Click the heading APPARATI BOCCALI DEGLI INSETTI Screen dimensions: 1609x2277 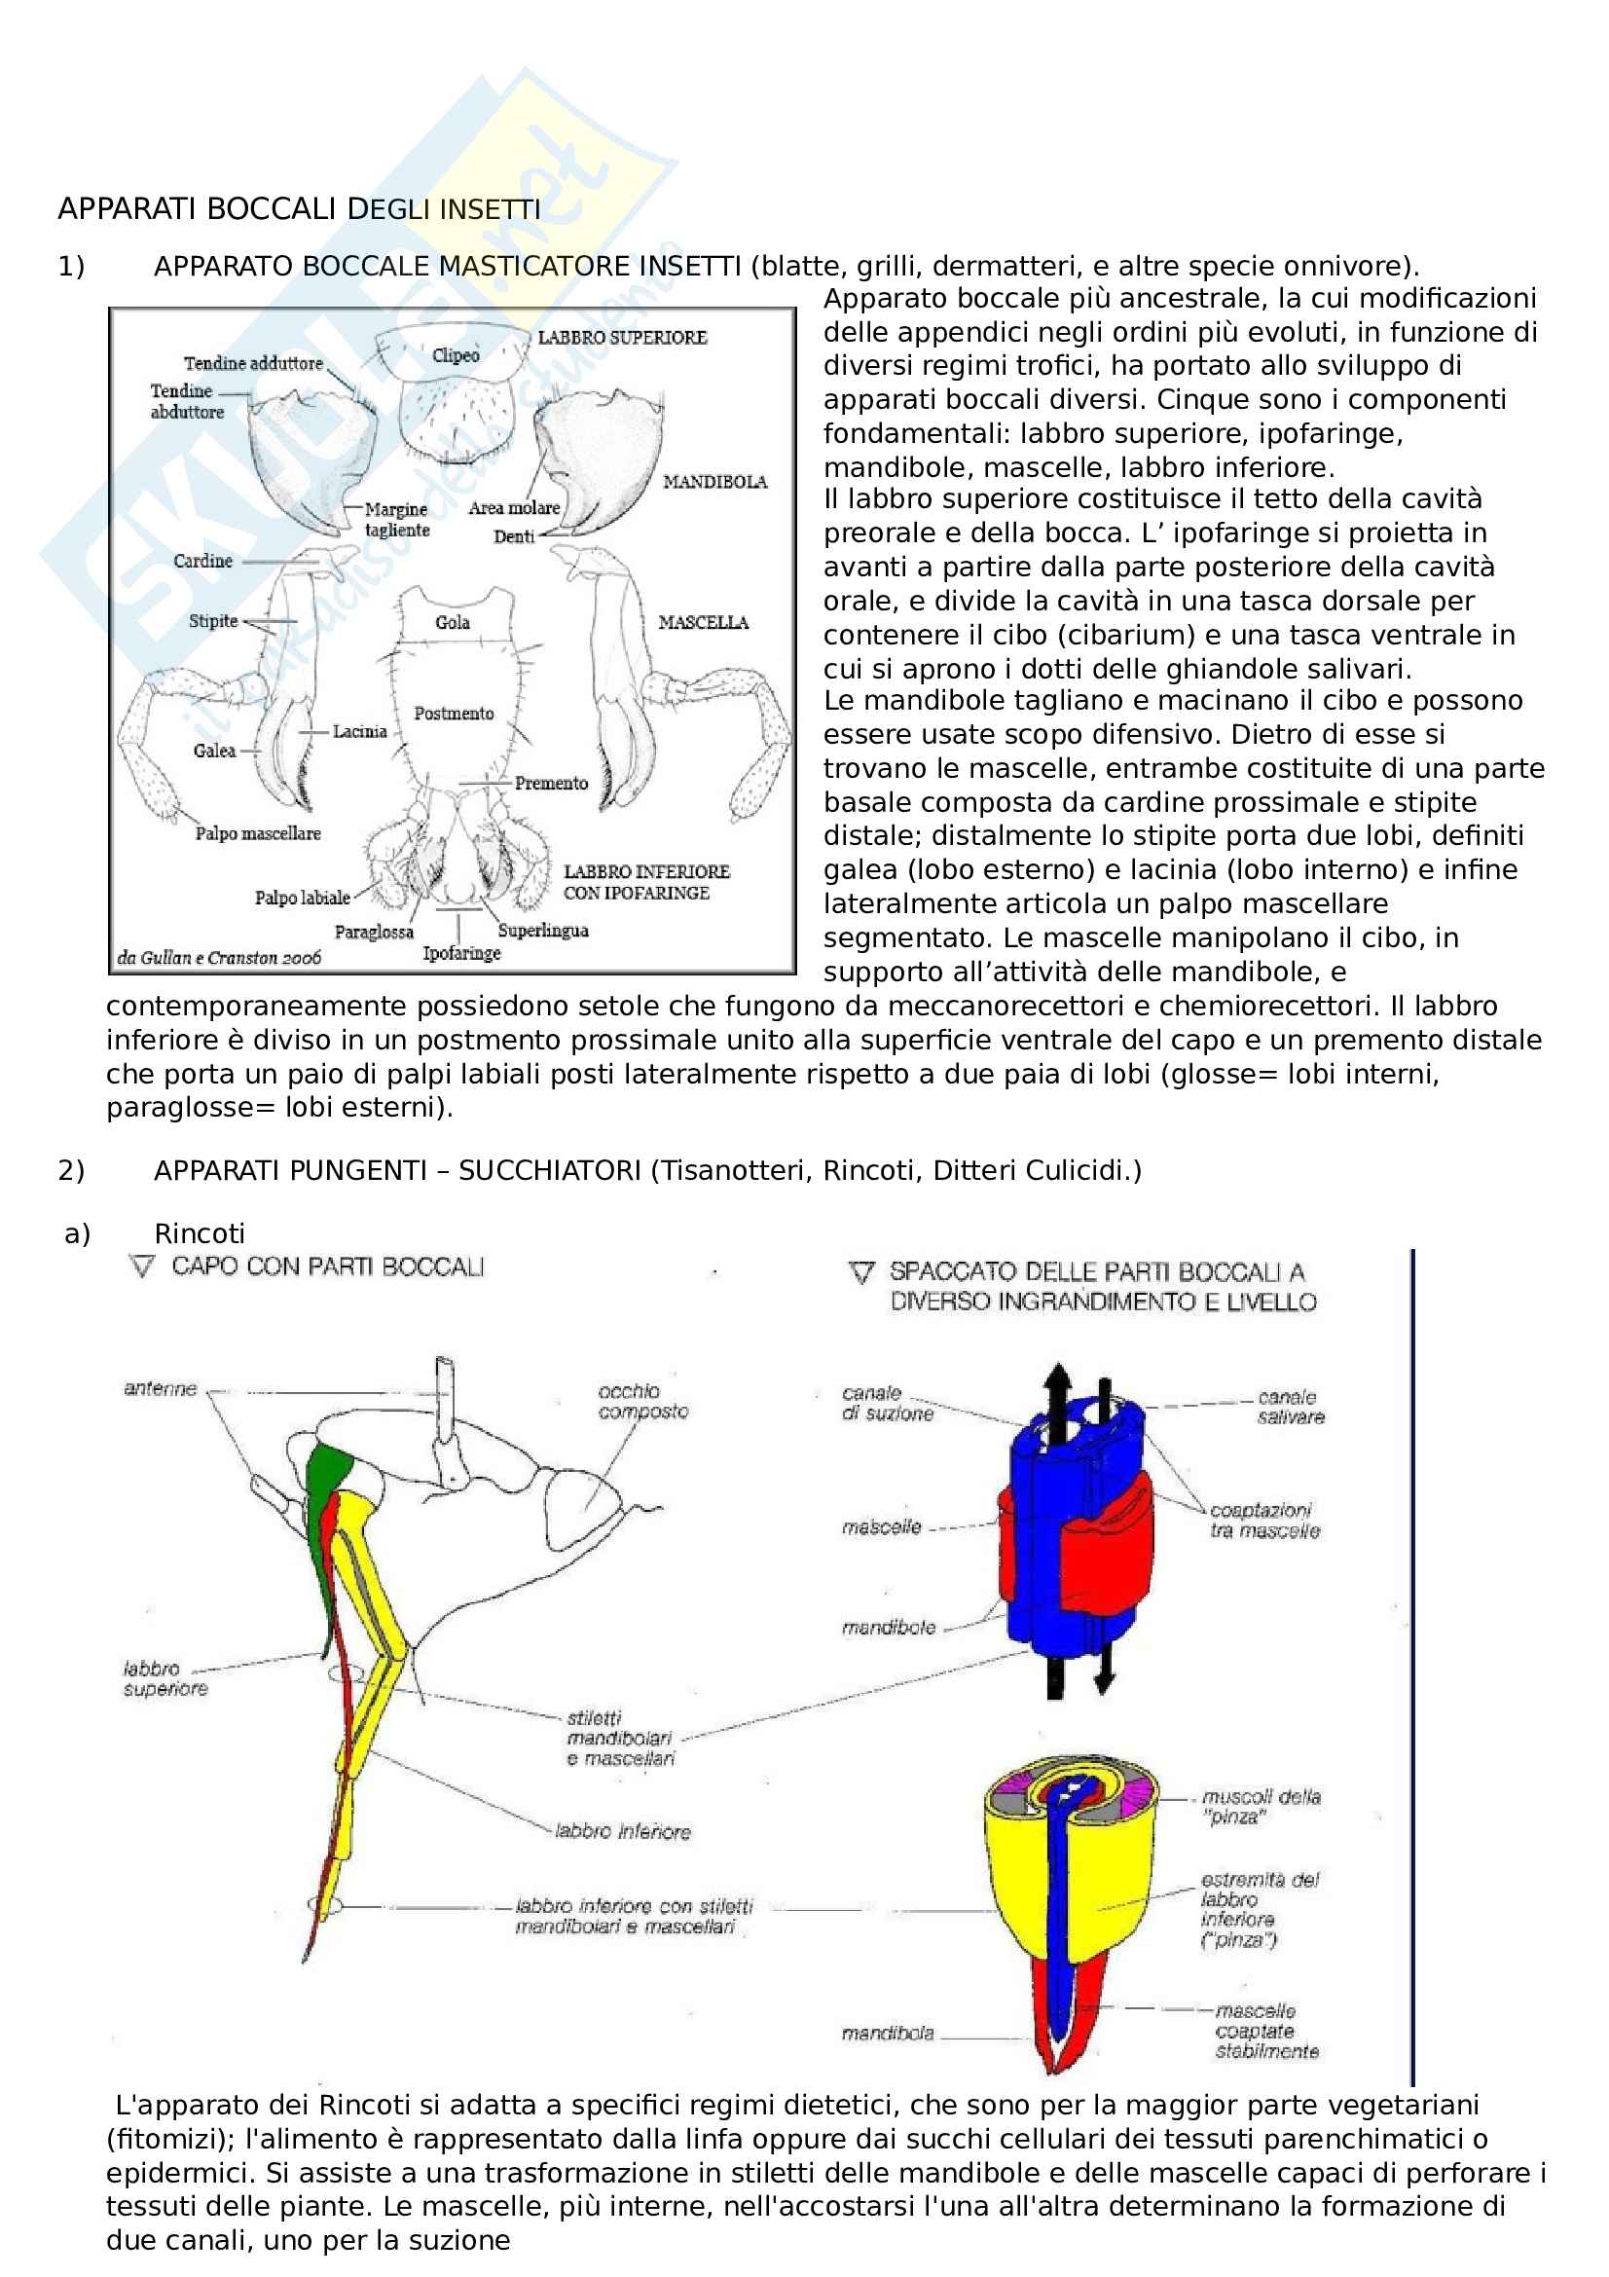click(x=300, y=209)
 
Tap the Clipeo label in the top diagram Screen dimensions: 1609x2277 click(x=457, y=355)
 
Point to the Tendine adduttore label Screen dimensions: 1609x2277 click(x=254, y=363)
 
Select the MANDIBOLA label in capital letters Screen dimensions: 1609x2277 click(x=714, y=482)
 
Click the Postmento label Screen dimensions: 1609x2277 click(x=454, y=713)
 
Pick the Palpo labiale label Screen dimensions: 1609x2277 click(x=303, y=898)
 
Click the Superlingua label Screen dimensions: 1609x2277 click(x=543, y=931)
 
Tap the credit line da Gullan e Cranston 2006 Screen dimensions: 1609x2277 click(x=219, y=958)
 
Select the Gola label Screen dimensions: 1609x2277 click(x=453, y=623)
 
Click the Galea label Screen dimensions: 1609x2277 click(x=215, y=751)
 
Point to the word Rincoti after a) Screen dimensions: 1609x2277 click(x=200, y=1233)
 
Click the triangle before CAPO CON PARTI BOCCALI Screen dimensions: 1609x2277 click(x=143, y=1267)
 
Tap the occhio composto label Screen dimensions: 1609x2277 click(x=643, y=1401)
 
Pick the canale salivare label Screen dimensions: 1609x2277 click(x=1291, y=1408)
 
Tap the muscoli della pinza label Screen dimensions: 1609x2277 click(x=1262, y=1807)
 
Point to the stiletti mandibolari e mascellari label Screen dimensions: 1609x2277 click(x=621, y=1738)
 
